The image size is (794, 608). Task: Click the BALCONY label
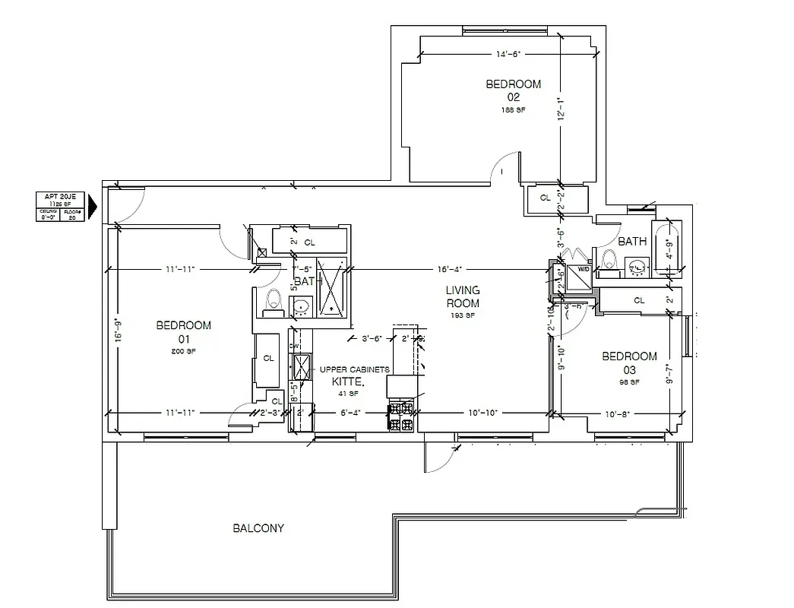(258, 527)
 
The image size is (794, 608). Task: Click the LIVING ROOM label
(462, 296)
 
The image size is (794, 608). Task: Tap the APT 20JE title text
(57, 197)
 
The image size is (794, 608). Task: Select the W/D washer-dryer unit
(581, 277)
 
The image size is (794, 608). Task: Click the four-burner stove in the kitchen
(401, 417)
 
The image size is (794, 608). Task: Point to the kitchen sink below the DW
(302, 367)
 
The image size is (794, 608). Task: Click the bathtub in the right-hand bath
(668, 249)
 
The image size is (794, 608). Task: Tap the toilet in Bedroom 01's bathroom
(273, 303)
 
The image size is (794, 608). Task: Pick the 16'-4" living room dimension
(450, 269)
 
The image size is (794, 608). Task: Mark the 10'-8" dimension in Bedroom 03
(617, 413)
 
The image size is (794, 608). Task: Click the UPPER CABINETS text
(354, 369)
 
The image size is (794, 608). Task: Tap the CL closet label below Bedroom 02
(545, 198)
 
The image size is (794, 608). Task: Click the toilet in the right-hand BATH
(609, 260)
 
